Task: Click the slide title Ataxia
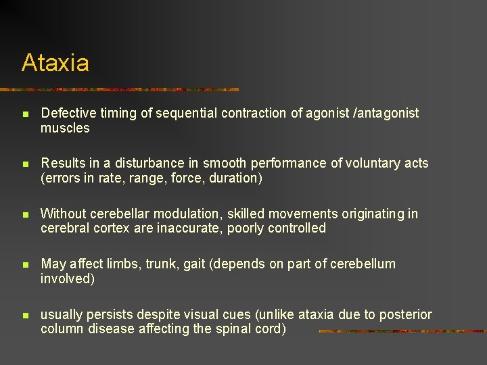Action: tap(55, 63)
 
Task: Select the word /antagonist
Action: tap(387, 114)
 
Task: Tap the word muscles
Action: tap(65, 128)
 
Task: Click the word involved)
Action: tap(67, 278)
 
